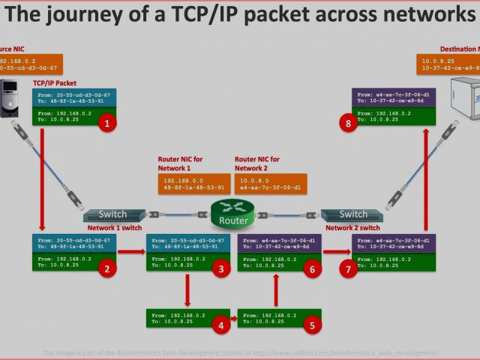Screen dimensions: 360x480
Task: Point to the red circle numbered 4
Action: [220, 325]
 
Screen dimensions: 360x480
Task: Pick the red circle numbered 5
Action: [313, 325]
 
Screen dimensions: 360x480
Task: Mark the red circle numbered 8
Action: [348, 124]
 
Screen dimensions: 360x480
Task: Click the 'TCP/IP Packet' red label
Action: [55, 83]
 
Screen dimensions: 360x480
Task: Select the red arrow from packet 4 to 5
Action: [233, 319]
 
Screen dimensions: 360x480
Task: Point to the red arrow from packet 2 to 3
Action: [131, 253]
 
